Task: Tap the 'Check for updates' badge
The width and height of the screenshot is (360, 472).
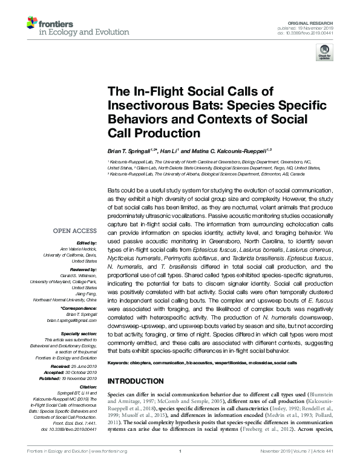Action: pyautogui.click(x=324, y=54)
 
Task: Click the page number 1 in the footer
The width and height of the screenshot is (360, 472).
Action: pyautogui.click(x=180, y=467)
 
